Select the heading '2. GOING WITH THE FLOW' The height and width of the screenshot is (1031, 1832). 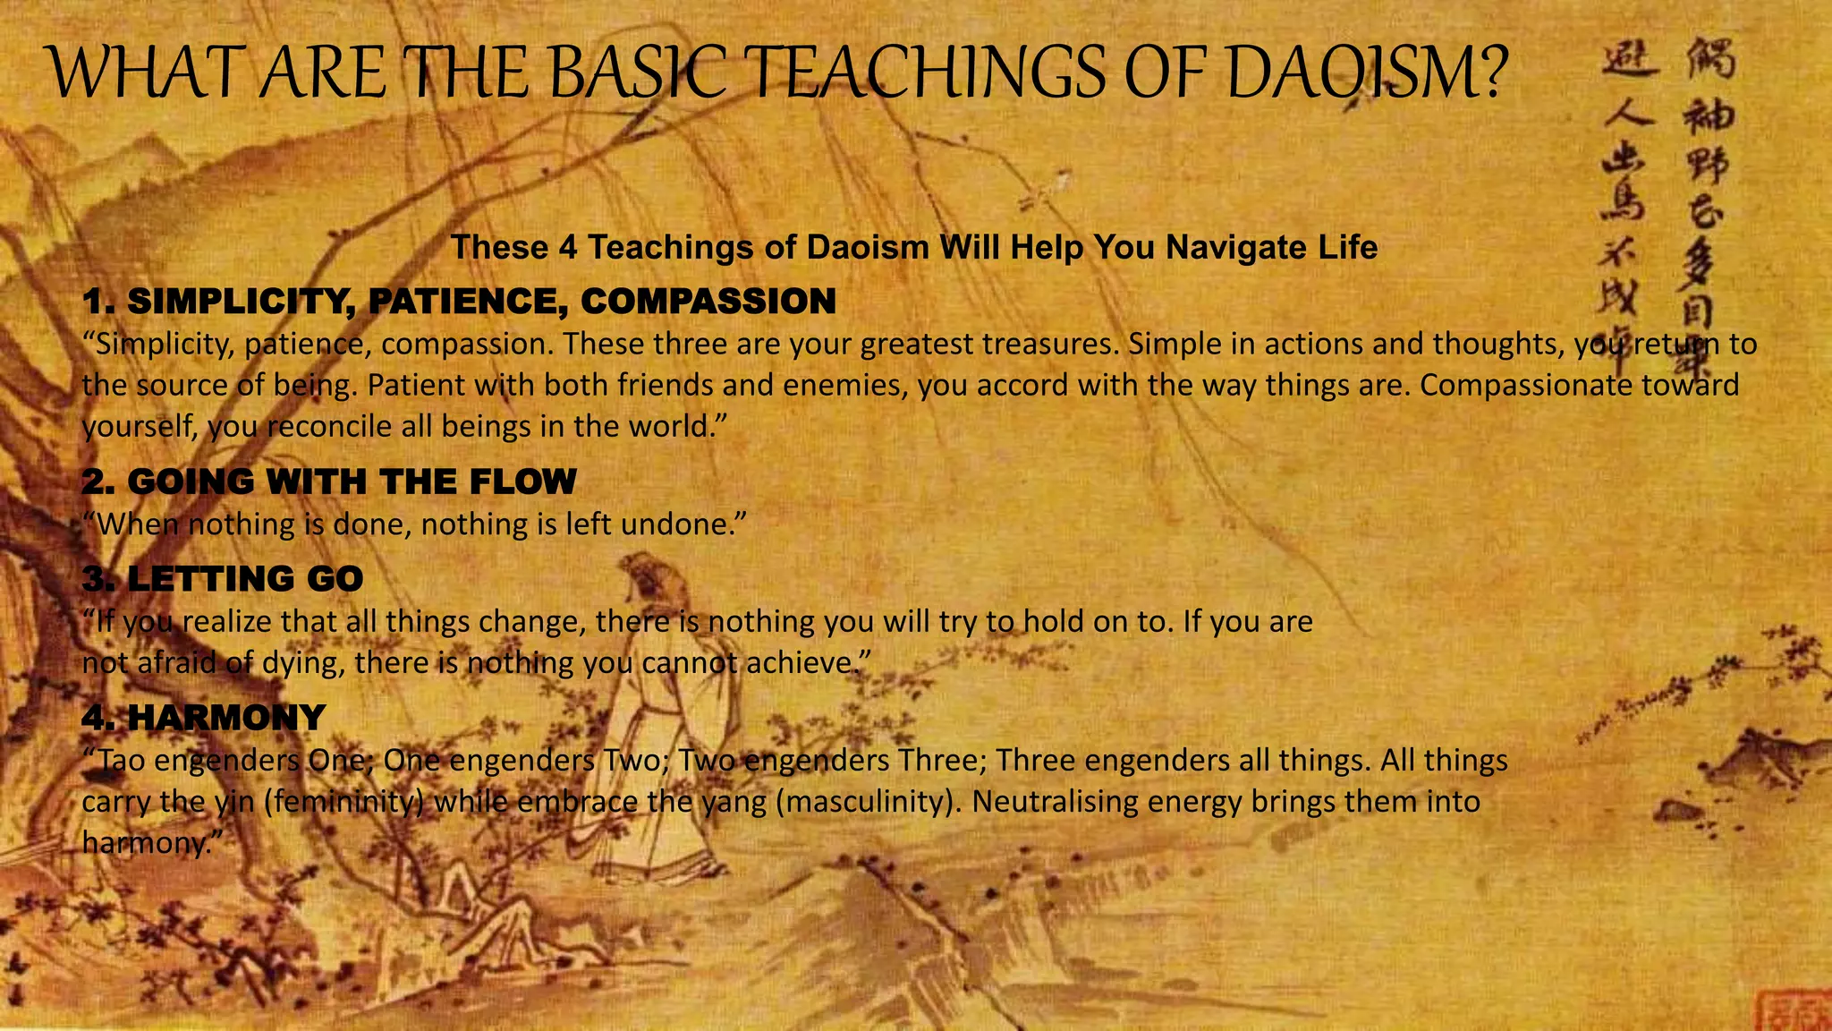[x=328, y=481]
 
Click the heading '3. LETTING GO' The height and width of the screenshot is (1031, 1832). [x=222, y=578]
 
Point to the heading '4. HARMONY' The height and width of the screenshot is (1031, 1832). [x=203, y=717]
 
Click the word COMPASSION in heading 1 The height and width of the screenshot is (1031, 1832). [x=708, y=301]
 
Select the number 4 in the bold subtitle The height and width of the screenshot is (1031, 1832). [x=568, y=247]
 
